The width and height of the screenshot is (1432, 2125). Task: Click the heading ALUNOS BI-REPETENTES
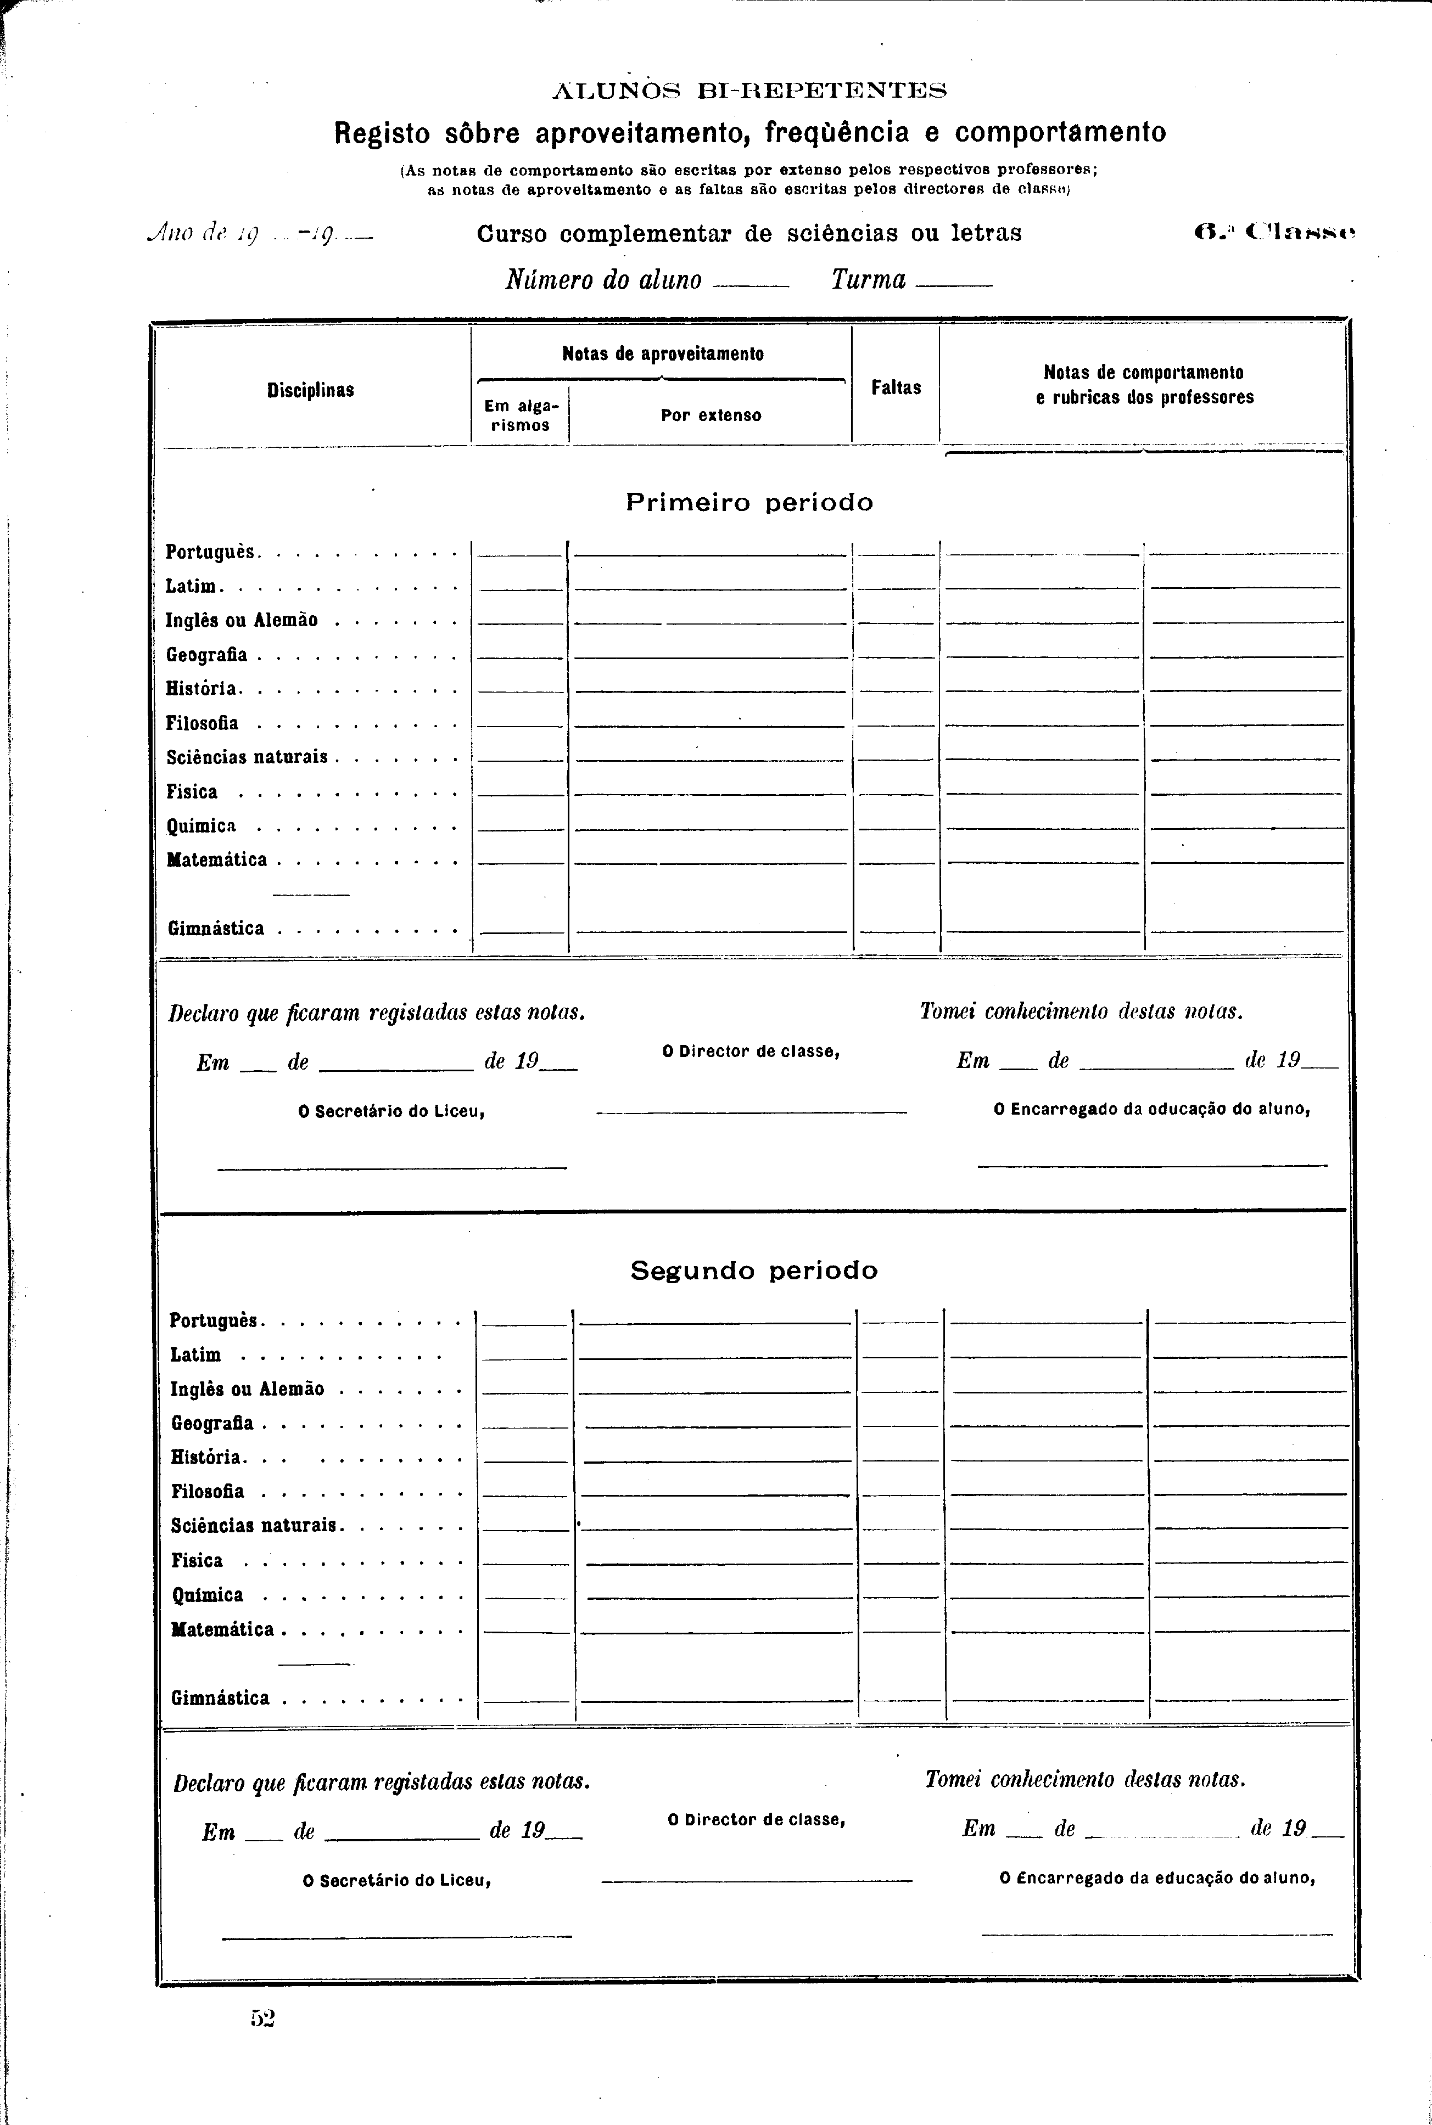(749, 91)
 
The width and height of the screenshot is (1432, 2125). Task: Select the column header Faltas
(896, 387)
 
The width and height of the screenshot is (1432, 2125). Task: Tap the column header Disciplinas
(311, 390)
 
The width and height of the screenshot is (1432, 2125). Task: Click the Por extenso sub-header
(711, 415)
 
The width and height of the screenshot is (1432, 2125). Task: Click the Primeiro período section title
(749, 502)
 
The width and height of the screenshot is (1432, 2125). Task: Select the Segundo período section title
(753, 1270)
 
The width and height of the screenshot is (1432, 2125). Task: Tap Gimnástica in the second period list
(220, 1698)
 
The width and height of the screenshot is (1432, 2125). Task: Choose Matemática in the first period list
(217, 860)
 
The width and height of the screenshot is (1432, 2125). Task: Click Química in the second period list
(208, 1595)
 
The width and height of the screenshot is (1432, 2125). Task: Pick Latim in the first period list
(191, 586)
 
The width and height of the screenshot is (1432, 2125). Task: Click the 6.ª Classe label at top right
(1275, 233)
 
